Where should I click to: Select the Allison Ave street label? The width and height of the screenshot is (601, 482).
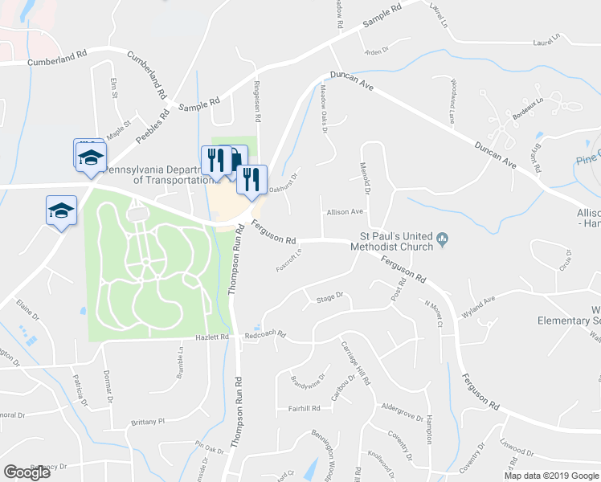tap(345, 212)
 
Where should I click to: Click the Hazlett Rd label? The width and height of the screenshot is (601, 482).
tap(213, 338)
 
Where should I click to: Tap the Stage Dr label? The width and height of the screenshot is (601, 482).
tap(329, 296)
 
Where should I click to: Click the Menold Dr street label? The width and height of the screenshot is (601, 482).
tap(367, 178)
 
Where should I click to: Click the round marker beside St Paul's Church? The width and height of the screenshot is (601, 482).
tap(442, 238)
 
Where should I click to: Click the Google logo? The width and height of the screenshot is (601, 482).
tap(27, 472)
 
